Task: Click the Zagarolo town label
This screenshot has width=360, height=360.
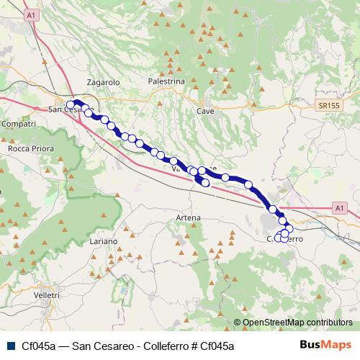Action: (x=102, y=82)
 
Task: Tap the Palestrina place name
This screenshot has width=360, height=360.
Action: (x=168, y=81)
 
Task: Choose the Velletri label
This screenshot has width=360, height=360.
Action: (x=46, y=295)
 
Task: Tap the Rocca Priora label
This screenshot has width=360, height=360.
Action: (x=27, y=148)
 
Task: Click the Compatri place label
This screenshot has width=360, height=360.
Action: (x=19, y=124)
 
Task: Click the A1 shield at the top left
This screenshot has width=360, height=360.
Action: (x=31, y=14)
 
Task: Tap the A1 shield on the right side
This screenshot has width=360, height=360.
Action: (x=339, y=207)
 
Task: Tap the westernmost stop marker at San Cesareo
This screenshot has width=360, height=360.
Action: (x=71, y=105)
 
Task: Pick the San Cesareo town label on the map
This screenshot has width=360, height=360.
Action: (x=70, y=109)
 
